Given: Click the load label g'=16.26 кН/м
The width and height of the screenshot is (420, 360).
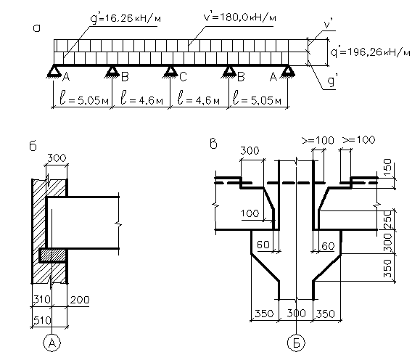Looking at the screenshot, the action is (126, 19).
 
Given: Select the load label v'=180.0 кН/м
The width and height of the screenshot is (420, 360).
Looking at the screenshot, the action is (239, 17).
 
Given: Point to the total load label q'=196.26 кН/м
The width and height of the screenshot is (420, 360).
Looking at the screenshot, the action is (370, 52).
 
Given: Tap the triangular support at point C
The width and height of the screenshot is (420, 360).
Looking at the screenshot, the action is (170, 72).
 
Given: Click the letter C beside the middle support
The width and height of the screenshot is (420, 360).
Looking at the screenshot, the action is (183, 77).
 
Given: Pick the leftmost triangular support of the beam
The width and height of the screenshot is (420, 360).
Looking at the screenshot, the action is (54, 72).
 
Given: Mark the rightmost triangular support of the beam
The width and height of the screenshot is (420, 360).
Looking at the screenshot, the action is (288, 72).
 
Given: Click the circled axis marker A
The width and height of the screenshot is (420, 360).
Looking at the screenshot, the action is (52, 343).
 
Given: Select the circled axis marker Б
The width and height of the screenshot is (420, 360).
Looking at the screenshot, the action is (296, 343).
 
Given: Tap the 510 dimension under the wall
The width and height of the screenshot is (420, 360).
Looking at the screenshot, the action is (42, 320).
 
